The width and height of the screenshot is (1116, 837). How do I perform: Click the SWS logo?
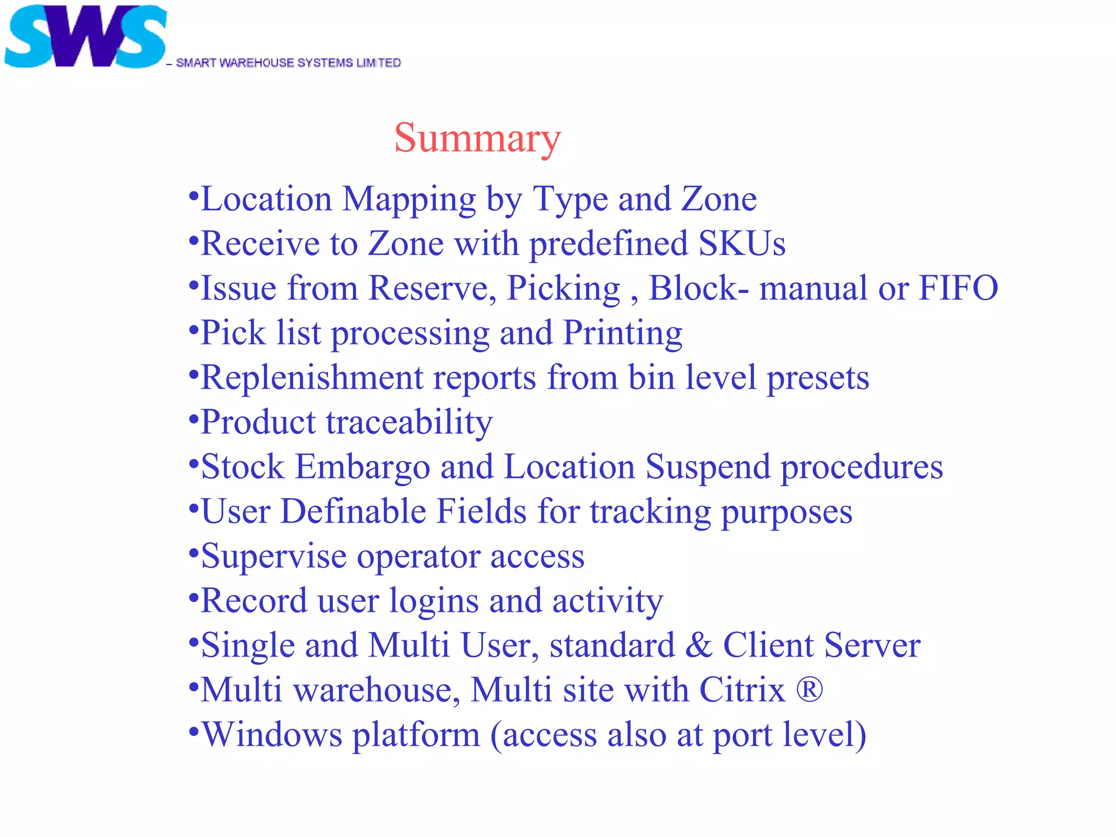86,37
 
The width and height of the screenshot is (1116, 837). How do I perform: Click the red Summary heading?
477,138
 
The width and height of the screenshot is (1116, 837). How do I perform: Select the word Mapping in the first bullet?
409,199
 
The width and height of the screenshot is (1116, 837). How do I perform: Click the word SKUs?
742,244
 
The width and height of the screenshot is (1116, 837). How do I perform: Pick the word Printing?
622,333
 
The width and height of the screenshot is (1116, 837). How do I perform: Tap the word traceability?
409,422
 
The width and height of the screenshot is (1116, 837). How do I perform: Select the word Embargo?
362,467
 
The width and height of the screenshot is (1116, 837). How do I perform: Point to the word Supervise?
274,556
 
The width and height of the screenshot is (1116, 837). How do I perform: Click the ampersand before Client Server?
699,646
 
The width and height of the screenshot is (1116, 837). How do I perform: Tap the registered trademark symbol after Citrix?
809,690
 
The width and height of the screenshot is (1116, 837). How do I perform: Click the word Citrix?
742,690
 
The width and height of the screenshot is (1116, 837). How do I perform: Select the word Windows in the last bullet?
272,735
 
